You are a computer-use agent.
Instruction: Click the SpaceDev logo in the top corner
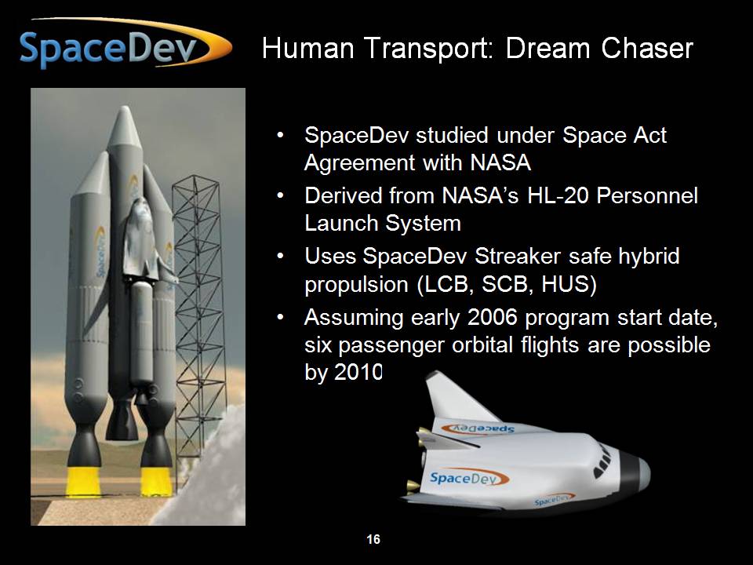[125, 44]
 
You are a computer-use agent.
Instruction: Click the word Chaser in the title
[647, 48]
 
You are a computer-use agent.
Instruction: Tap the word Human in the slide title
[308, 48]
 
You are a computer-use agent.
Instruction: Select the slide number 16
[373, 539]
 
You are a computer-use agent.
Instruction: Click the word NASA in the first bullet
[500, 162]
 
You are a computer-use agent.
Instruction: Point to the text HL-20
[558, 195]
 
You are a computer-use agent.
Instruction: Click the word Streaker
[518, 256]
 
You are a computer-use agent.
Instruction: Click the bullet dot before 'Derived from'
[281, 196]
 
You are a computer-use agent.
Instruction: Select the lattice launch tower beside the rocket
[200, 331]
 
